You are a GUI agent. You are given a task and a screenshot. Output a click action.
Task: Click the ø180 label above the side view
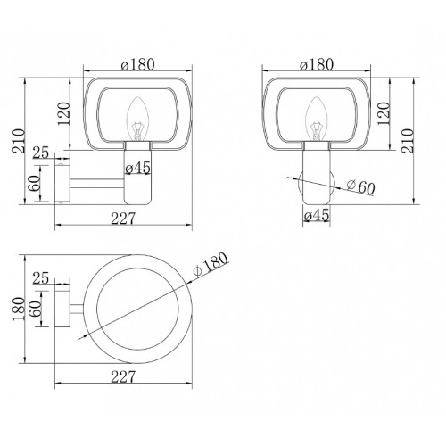(x=138, y=64)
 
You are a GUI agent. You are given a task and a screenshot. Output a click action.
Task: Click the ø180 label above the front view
(x=317, y=64)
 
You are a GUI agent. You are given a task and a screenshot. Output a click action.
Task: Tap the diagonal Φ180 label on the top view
(x=211, y=264)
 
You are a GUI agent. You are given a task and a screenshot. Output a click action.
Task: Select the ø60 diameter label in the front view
(x=360, y=187)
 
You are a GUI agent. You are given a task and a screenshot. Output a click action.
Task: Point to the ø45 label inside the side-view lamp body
(x=137, y=168)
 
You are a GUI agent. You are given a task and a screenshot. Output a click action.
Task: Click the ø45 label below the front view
(x=317, y=215)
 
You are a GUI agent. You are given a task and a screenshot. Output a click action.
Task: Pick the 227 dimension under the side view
(x=123, y=219)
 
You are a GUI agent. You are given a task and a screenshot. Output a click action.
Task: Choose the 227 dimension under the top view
(x=123, y=376)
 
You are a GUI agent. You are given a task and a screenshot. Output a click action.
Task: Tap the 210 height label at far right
(x=407, y=141)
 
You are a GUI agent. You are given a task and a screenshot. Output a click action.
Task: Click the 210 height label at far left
(x=19, y=141)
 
